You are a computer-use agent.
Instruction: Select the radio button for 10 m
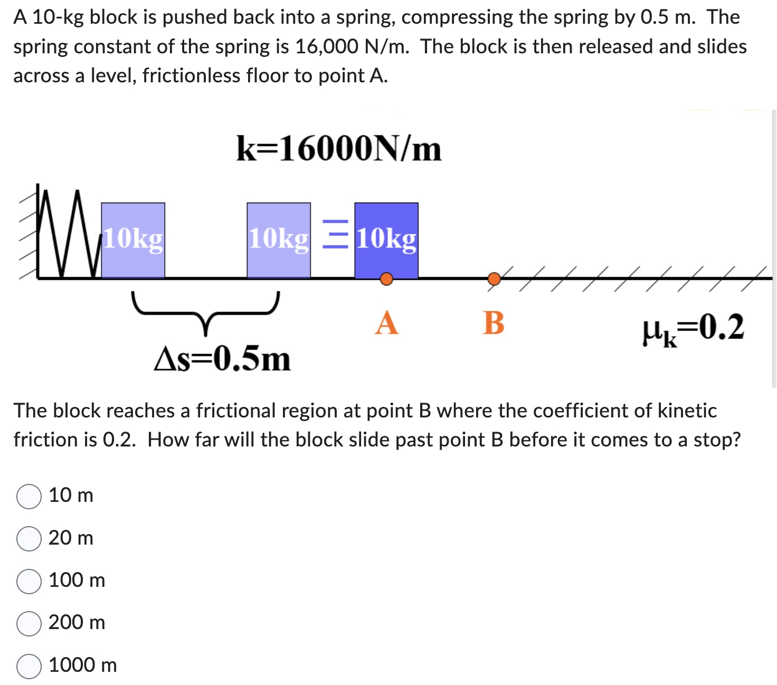click(29, 497)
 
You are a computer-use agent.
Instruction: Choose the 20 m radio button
click(29, 539)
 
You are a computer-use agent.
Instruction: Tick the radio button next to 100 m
click(29, 581)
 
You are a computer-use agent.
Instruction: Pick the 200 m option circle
click(29, 623)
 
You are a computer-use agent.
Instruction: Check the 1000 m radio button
click(29, 666)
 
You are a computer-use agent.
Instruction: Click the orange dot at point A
click(386, 279)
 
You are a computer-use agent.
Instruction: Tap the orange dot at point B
click(494, 278)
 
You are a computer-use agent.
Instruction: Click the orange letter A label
click(386, 322)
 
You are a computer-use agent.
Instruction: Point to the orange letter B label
click(494, 322)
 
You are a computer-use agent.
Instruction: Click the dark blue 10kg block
click(386, 240)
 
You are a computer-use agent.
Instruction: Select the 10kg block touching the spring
click(133, 240)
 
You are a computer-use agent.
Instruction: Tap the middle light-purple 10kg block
click(278, 240)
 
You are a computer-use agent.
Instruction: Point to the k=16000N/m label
click(338, 149)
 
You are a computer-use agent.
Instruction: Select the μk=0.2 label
click(693, 328)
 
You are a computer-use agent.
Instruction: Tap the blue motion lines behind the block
click(335, 234)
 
